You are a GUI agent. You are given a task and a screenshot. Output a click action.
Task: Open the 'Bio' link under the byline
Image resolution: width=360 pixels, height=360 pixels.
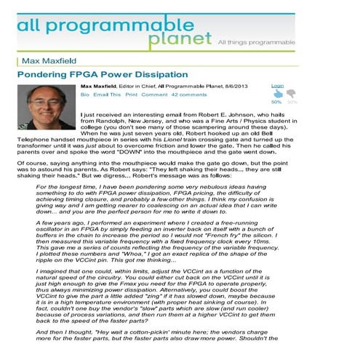(84, 95)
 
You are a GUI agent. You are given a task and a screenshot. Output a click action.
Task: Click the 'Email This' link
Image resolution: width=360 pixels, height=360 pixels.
(107, 95)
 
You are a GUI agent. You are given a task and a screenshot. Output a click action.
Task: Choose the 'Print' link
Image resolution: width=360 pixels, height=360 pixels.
(131, 95)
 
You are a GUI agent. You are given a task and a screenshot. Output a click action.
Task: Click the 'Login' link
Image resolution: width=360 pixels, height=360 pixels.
(277, 86)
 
